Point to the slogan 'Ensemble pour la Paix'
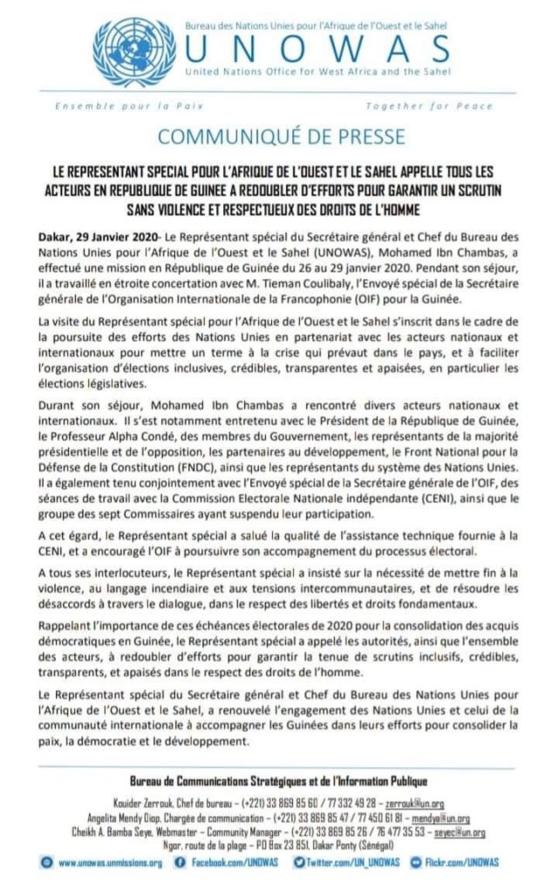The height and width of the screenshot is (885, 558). coord(129,106)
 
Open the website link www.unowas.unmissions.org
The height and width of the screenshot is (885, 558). coord(110,862)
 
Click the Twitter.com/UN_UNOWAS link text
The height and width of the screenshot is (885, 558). coord(352,862)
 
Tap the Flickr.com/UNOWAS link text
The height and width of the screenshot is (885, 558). coord(468,862)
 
